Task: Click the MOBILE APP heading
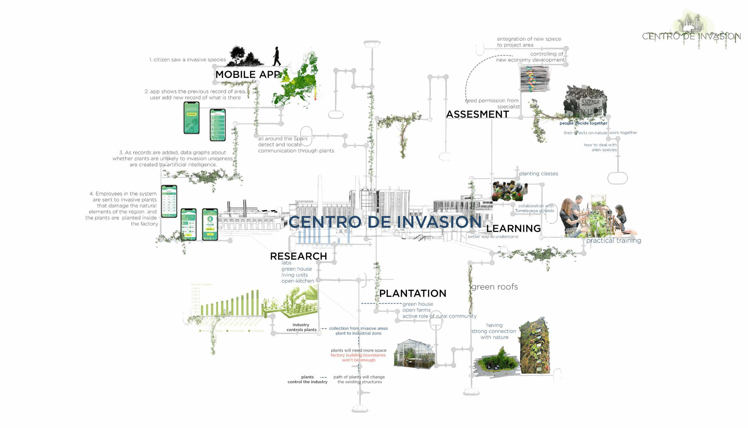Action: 248,74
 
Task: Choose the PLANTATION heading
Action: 412,293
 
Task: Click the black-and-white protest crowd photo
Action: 585,101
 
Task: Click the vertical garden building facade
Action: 534,346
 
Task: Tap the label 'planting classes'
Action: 538,174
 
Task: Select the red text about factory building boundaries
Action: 358,357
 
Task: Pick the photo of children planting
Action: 510,191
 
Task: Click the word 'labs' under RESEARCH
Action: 286,263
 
